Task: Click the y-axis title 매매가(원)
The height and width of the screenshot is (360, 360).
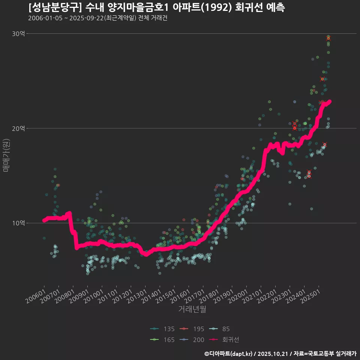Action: pyautogui.click(x=6, y=155)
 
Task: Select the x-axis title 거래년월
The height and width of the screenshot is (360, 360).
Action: pyautogui.click(x=192, y=309)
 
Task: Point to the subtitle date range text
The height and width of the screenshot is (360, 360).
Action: pyautogui.click(x=97, y=18)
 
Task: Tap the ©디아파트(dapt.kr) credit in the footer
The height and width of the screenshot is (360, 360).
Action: pyautogui.click(x=229, y=353)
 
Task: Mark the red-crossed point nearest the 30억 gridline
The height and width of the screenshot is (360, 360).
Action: pyautogui.click(x=328, y=38)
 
